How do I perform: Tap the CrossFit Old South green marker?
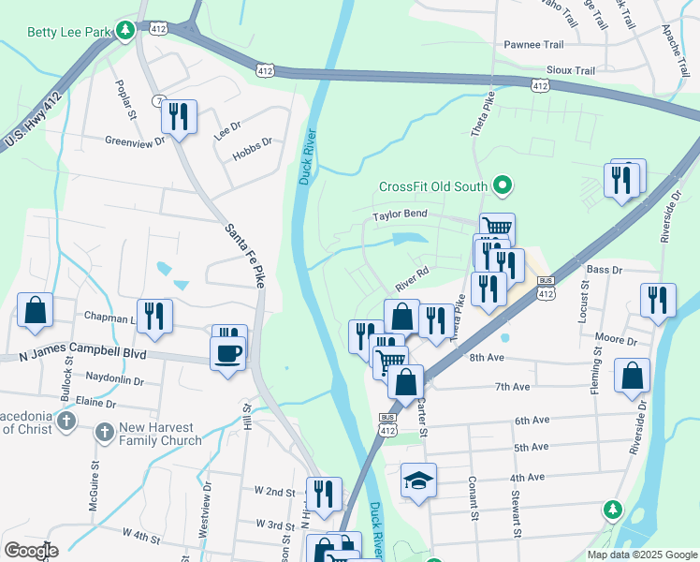(x=503, y=186)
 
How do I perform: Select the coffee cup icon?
(x=228, y=353)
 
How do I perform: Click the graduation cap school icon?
(x=418, y=481)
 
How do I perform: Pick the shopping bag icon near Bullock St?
(x=35, y=313)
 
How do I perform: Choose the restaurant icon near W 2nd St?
(x=324, y=495)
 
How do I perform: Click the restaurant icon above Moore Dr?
(x=658, y=301)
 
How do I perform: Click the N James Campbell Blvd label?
(x=83, y=357)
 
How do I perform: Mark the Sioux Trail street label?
(x=571, y=70)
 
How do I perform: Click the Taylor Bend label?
(x=400, y=214)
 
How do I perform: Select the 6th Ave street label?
(x=536, y=421)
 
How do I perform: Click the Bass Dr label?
(x=604, y=270)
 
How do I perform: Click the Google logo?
(x=31, y=551)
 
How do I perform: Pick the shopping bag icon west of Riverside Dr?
(x=633, y=377)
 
